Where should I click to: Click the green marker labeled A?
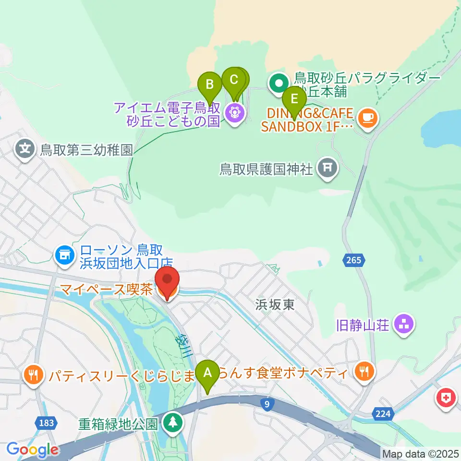208,373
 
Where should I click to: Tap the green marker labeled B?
210,85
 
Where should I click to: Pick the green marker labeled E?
294,99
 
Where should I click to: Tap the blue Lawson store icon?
64,255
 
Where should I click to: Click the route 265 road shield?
354,260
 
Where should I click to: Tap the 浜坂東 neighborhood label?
275,305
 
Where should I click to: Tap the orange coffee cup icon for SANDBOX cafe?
368,118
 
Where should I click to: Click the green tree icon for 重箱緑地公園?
172,423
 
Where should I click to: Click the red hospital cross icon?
445,398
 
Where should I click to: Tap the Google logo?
33,450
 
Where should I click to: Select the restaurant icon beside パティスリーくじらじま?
33,374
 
